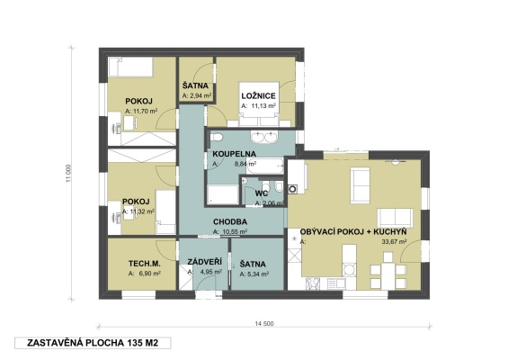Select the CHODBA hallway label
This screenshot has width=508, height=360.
[231, 221]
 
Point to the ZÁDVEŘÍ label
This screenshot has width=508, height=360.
[198, 262]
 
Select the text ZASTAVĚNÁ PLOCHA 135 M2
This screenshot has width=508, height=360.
[87, 344]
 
